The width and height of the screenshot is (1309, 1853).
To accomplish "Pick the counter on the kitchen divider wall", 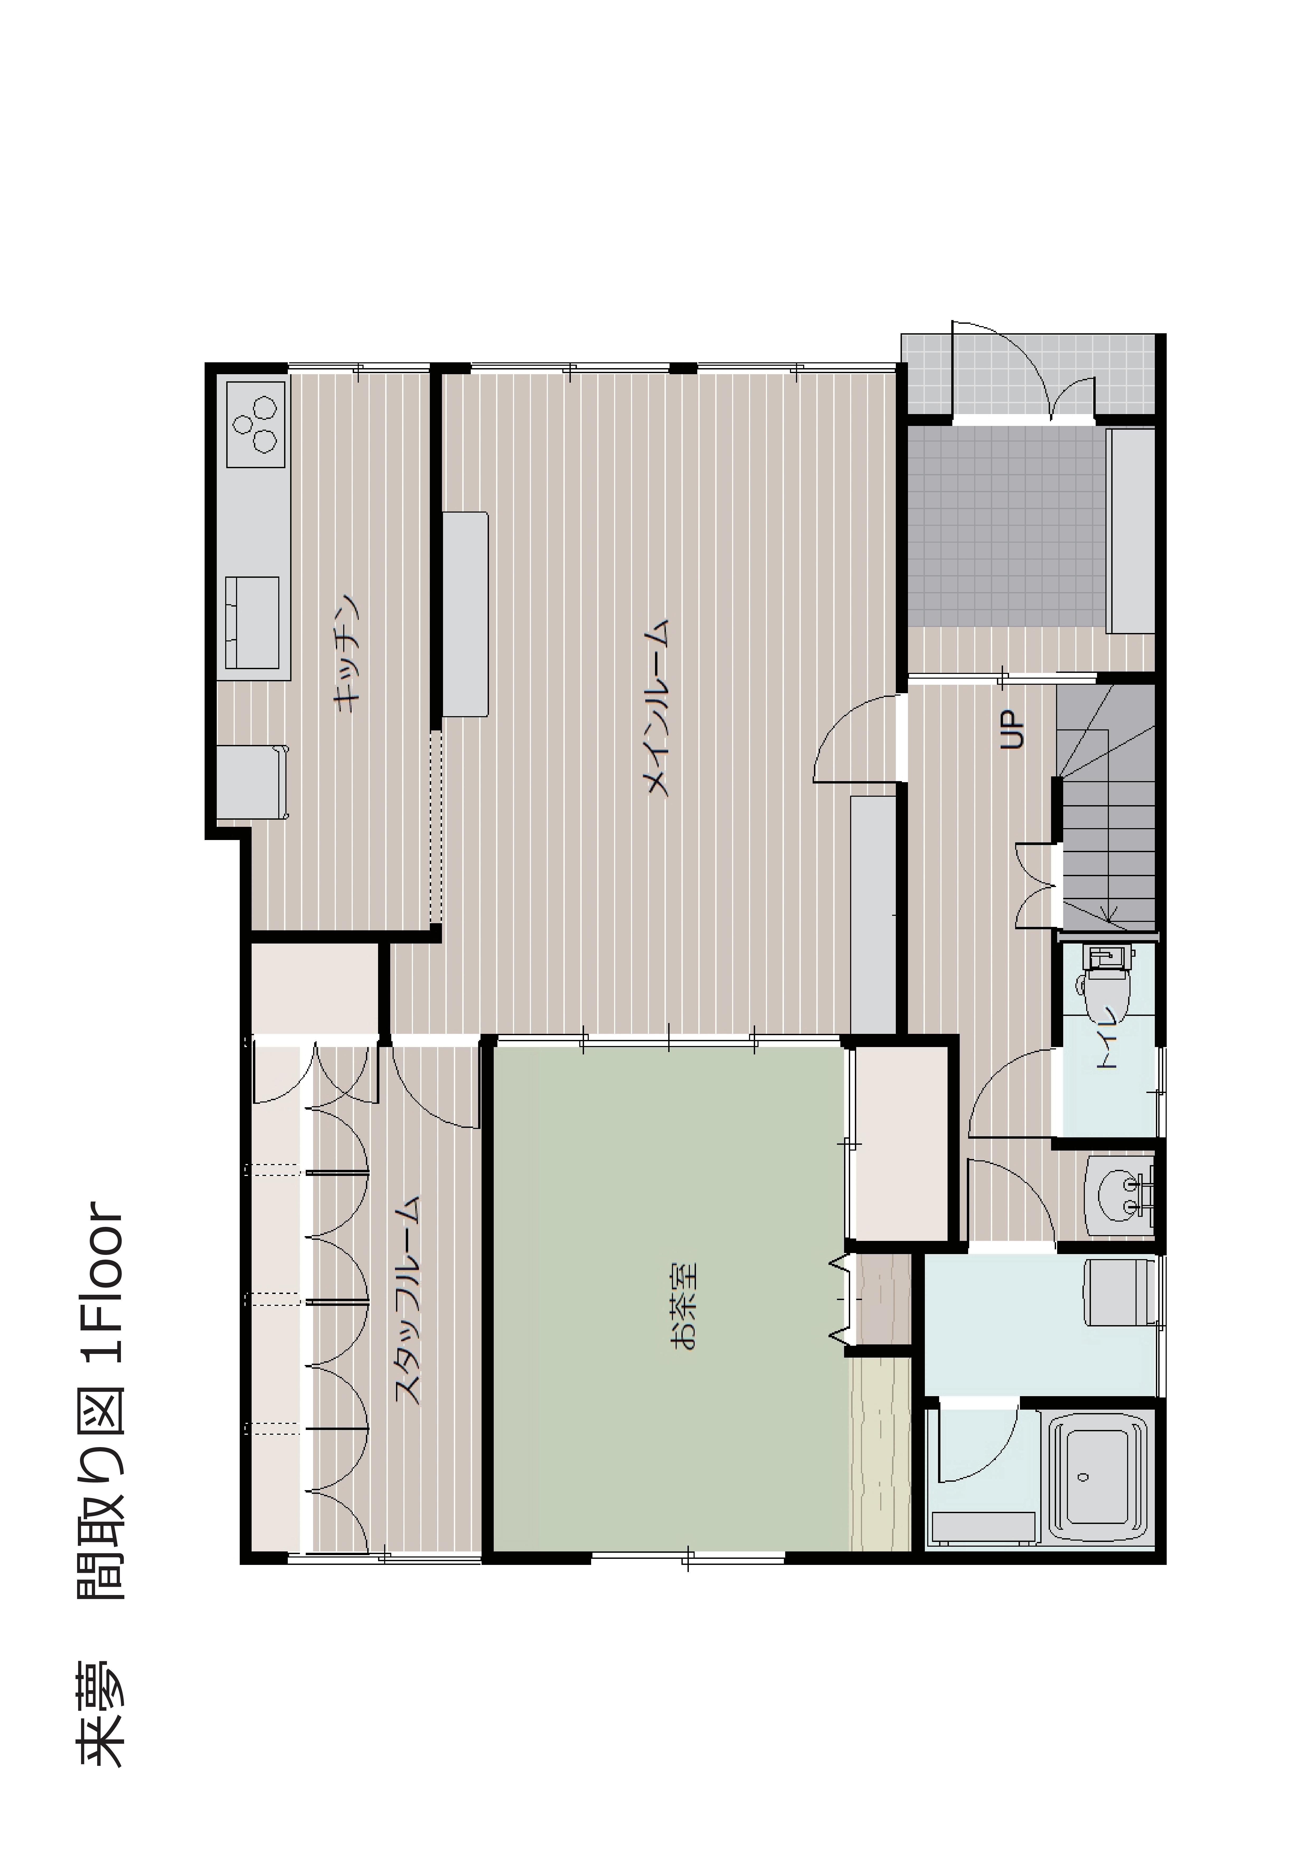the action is [x=466, y=603].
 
